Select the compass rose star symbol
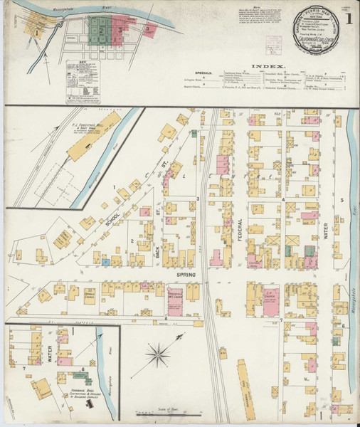coord(162,354)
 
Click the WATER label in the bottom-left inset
coord(49,354)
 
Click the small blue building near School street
coord(105,262)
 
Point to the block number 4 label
coord(282,200)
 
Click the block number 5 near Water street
coord(342,200)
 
